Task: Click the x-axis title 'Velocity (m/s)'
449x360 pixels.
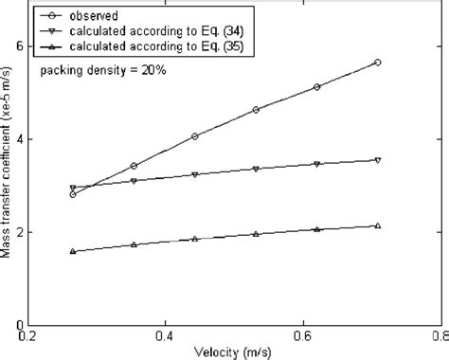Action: [235, 351]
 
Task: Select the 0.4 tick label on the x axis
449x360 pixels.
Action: [166, 335]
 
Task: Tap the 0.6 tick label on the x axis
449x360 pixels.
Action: [302, 335]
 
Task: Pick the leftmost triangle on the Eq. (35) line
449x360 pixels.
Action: [73, 251]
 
